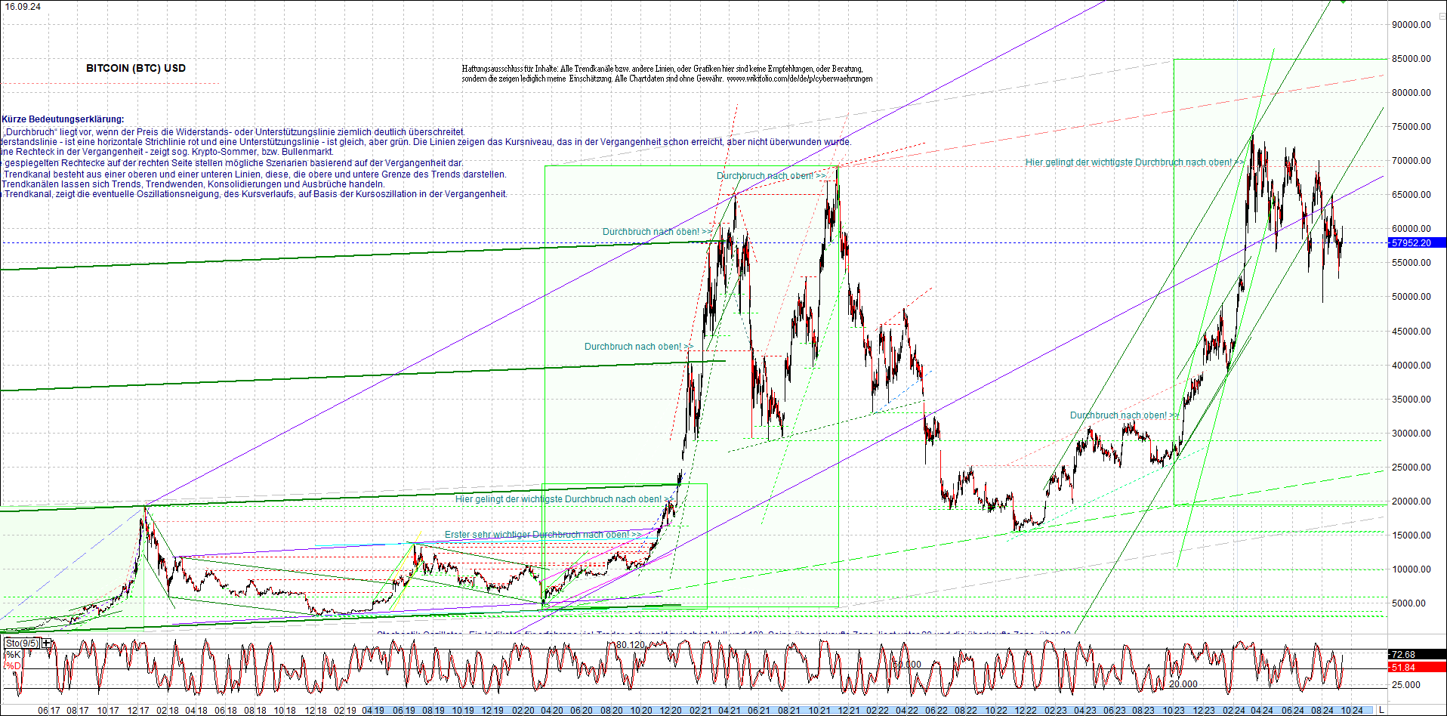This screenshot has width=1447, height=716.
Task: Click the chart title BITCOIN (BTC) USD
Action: [136, 68]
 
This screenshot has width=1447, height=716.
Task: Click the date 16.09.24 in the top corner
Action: [23, 6]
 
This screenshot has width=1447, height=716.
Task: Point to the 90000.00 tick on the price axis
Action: [1411, 25]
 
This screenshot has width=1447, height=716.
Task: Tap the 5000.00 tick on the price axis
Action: [1409, 603]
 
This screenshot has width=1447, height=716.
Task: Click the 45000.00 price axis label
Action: [1411, 332]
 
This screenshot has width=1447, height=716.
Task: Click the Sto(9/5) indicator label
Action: [21, 643]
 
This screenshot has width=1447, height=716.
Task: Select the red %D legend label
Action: [12, 666]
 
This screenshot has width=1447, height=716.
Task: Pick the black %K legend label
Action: [12, 655]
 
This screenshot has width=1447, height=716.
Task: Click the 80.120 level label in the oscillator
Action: [630, 645]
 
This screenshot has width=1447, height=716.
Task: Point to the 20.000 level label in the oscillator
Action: [1183, 684]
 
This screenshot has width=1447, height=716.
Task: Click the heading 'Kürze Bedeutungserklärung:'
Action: [63, 119]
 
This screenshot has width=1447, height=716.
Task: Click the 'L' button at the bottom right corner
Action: [1381, 710]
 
